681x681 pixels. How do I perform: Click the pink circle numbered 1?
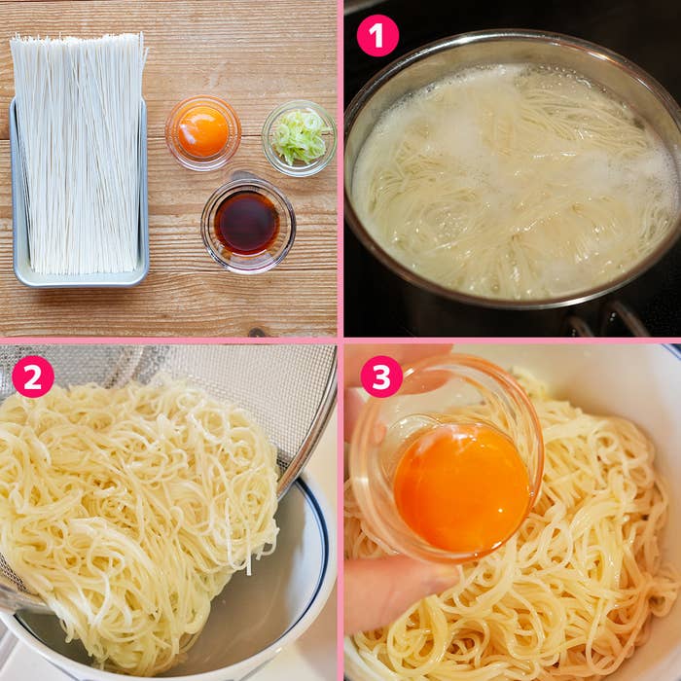coord(377,36)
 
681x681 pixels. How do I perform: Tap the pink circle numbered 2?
coord(33,376)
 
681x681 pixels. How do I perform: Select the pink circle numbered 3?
coord(381,376)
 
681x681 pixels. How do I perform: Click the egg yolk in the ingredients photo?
coord(202,131)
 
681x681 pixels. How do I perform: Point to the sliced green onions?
coord(299,137)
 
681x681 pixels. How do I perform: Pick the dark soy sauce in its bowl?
coord(247,223)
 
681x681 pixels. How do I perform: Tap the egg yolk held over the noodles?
coord(462,488)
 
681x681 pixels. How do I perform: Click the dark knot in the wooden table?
coord(257,333)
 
